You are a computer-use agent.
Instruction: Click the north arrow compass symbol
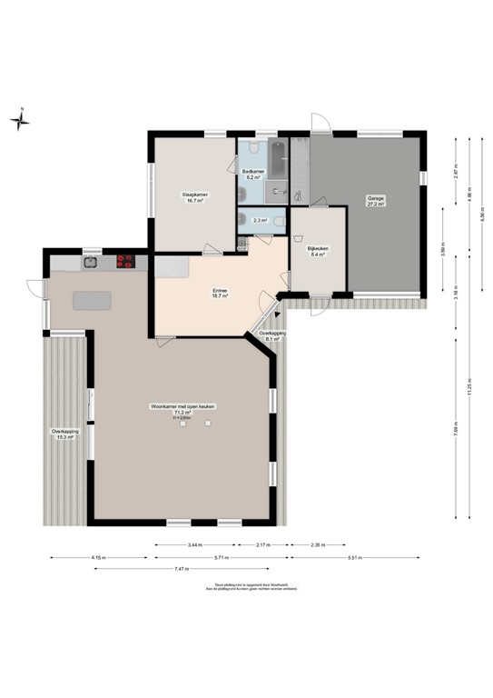click(21, 120)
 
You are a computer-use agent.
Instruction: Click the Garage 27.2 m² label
click(375, 201)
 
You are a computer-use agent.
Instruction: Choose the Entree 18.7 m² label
click(219, 294)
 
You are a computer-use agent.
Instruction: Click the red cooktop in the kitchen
click(126, 262)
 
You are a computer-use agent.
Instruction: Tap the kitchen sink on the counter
click(91, 262)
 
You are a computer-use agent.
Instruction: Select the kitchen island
click(90, 300)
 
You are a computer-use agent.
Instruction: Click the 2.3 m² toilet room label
click(259, 220)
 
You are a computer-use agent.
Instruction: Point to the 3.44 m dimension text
click(194, 544)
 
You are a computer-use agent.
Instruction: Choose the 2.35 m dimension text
click(315, 544)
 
